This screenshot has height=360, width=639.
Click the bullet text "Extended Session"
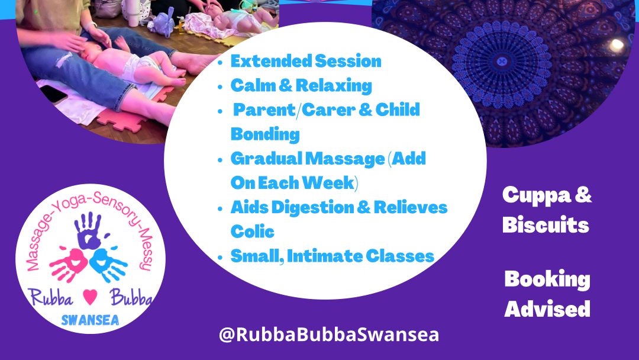306,61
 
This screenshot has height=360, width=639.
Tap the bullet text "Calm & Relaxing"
301,85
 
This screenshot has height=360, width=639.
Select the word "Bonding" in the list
265,134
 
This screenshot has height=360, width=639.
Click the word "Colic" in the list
253,231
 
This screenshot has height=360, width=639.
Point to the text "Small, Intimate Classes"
332,256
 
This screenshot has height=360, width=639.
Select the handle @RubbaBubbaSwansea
328,335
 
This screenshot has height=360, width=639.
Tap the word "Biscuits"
546,226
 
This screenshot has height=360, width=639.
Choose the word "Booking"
547,279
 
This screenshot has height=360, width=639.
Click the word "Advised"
547,308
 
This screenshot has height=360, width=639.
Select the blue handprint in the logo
108,264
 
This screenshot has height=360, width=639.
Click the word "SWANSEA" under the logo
90,320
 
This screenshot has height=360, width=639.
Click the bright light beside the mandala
617,45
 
